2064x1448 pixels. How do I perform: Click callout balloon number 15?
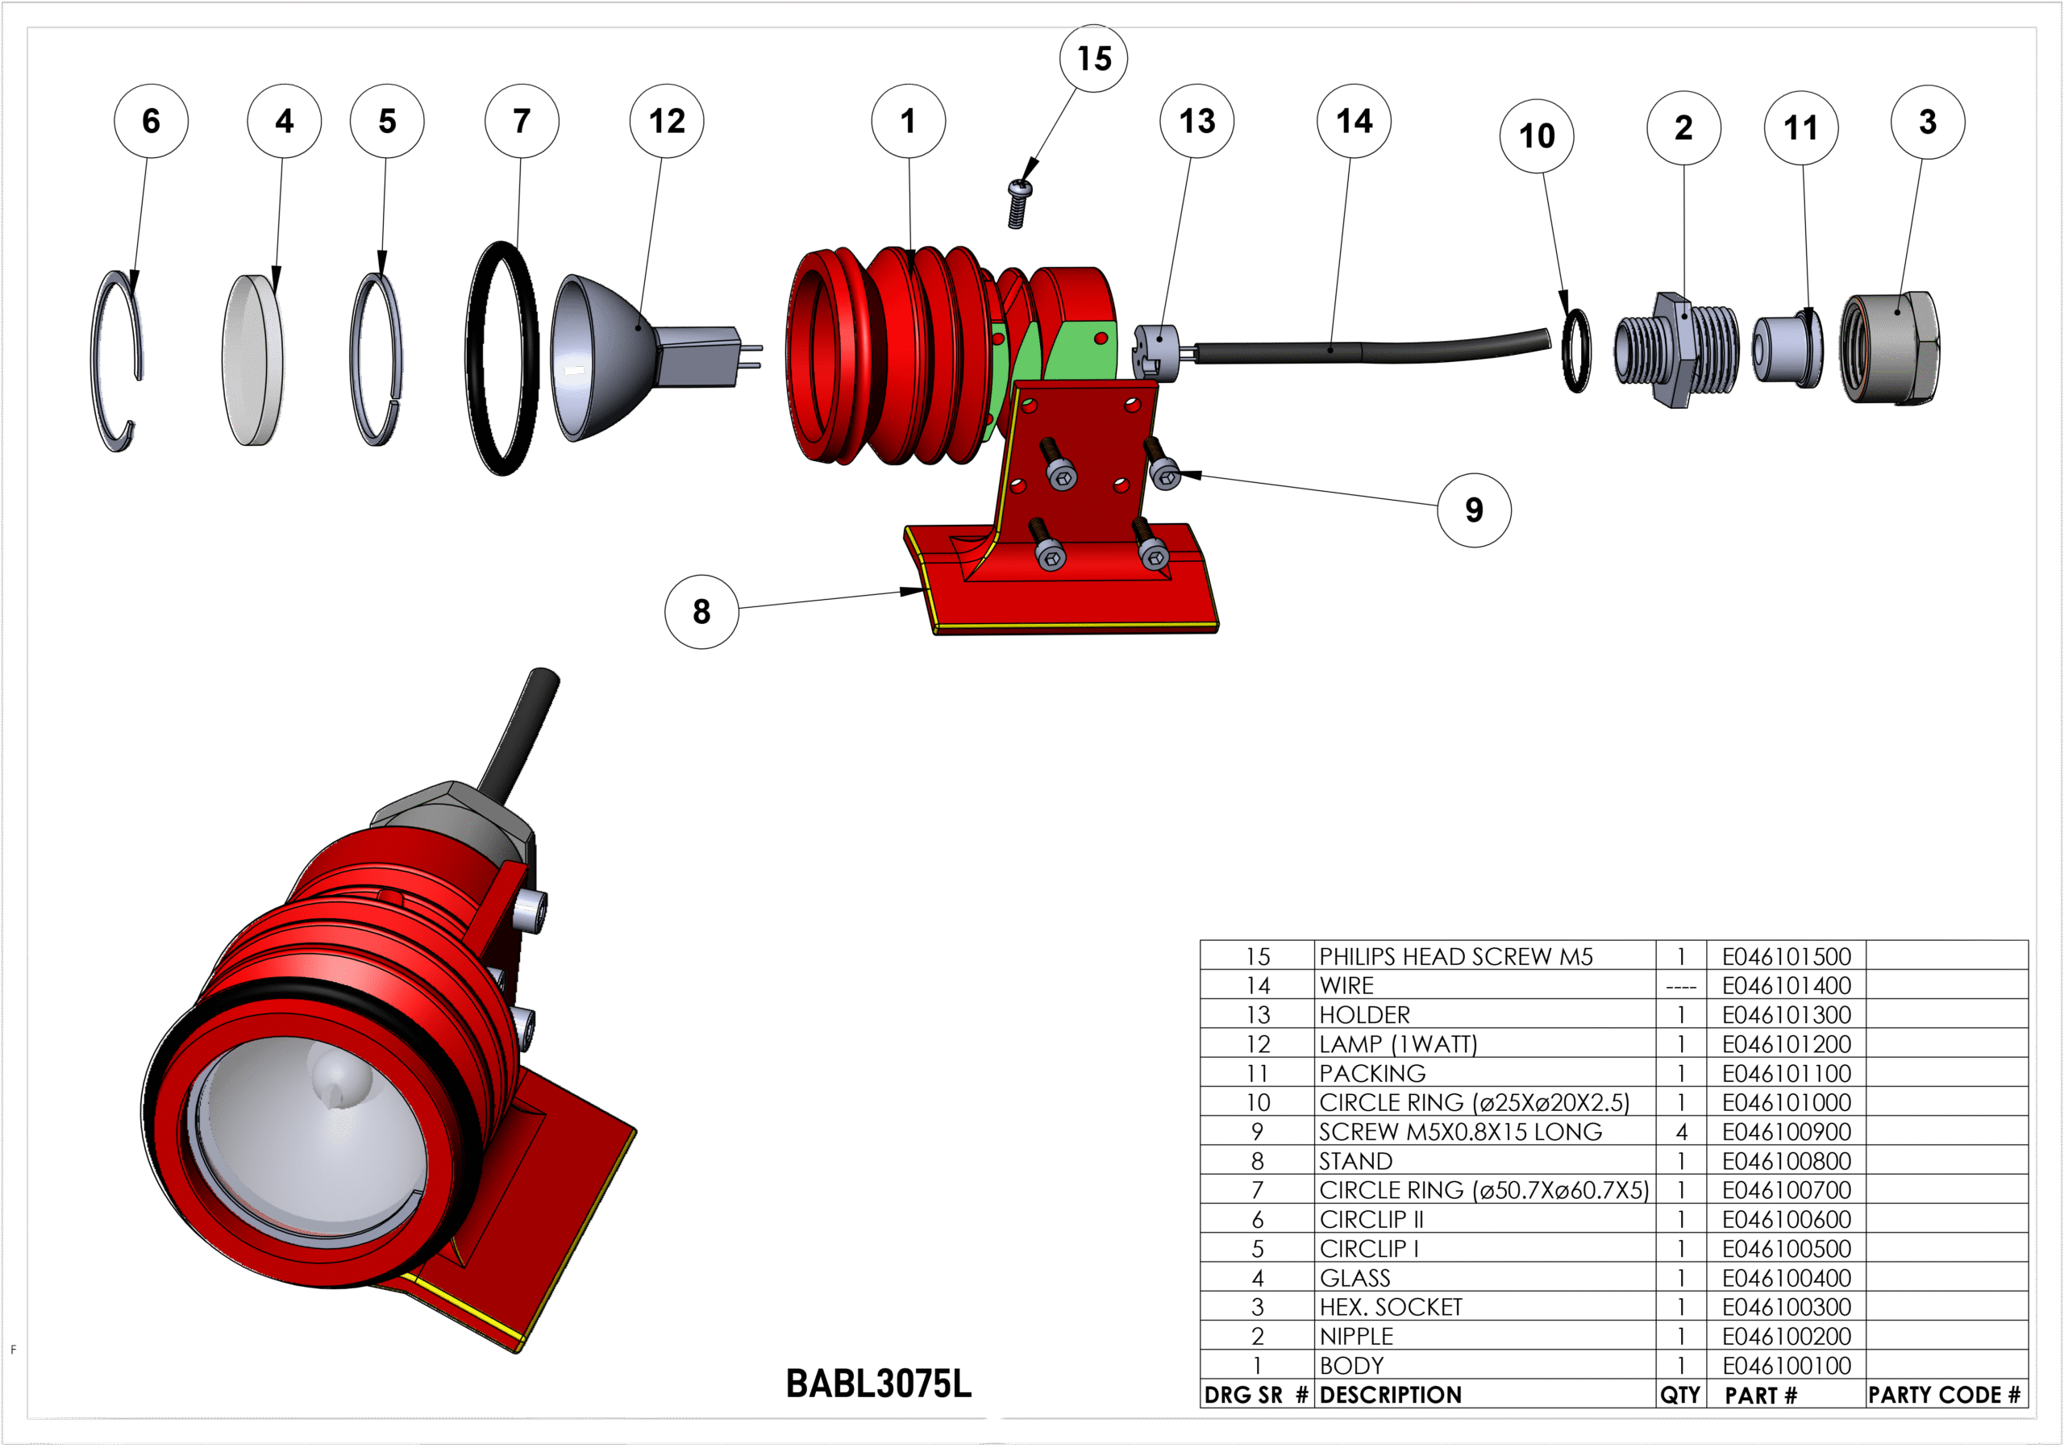point(1093,58)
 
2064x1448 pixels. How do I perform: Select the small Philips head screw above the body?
point(1017,204)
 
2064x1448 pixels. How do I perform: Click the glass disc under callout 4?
point(252,360)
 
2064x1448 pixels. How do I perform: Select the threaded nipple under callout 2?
point(1676,349)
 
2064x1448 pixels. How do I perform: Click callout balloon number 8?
point(701,612)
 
